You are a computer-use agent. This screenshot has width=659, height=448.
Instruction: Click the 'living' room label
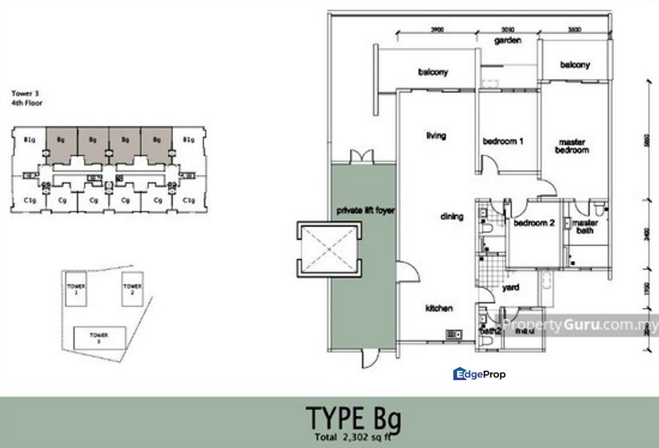click(436, 136)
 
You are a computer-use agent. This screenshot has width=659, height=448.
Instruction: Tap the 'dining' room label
click(452, 217)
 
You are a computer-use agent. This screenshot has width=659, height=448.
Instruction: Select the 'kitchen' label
click(439, 309)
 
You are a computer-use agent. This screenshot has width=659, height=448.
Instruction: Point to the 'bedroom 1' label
click(503, 141)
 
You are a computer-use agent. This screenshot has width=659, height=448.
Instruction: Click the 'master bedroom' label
click(572, 146)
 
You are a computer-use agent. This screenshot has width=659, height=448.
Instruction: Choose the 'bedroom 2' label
click(534, 223)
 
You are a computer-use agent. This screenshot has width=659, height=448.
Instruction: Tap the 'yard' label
click(511, 287)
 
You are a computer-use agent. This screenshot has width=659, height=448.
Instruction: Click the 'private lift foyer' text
click(366, 210)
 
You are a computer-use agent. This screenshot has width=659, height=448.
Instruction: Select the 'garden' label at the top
click(507, 40)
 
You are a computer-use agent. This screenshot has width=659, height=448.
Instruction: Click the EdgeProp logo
click(479, 374)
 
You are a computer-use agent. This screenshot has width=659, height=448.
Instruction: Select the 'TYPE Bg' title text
click(353, 418)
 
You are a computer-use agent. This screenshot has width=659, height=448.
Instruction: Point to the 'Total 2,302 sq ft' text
click(355, 436)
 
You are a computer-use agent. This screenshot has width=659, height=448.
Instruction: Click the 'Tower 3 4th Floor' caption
click(27, 98)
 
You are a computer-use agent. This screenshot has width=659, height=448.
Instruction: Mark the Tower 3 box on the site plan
click(100, 338)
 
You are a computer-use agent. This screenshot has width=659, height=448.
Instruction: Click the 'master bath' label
click(585, 227)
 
